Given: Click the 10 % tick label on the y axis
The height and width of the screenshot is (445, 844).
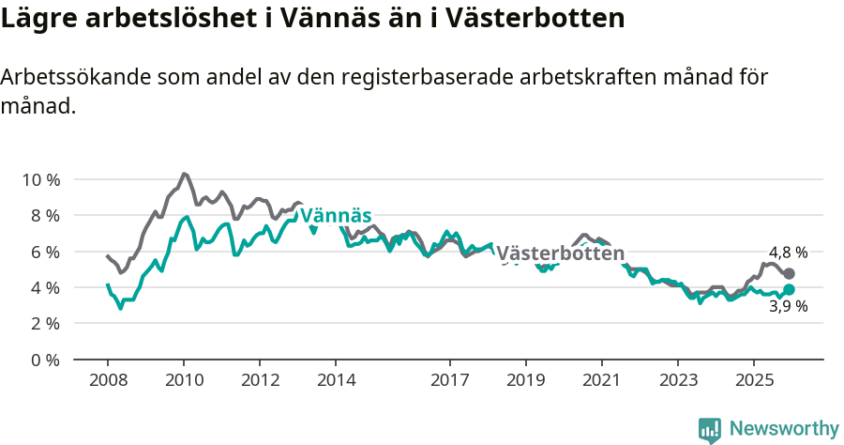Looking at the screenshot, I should (x=40, y=179).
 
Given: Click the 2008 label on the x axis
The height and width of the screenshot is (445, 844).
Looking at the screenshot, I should (x=108, y=380).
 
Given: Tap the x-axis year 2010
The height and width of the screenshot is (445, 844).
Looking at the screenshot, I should (x=184, y=380).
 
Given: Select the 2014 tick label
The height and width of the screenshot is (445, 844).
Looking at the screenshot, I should (x=336, y=380).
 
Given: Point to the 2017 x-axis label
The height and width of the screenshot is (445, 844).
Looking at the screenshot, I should (x=449, y=380).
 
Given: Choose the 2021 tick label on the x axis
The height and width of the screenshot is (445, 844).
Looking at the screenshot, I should (x=601, y=380).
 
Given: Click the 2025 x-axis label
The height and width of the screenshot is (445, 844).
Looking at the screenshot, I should (x=753, y=380).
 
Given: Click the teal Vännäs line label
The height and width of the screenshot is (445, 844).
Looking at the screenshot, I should (x=335, y=215).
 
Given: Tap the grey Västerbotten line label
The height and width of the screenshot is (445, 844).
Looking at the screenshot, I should (x=560, y=253).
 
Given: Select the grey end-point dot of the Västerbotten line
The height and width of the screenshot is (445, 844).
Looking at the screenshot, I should (x=789, y=273).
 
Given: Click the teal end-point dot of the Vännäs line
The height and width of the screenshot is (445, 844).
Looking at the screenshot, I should (x=789, y=290).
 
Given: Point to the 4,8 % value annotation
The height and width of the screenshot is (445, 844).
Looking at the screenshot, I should (x=788, y=253).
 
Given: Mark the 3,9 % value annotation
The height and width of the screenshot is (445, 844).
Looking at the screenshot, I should (x=788, y=306).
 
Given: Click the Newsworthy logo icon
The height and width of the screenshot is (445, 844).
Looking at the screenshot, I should (x=710, y=429).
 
